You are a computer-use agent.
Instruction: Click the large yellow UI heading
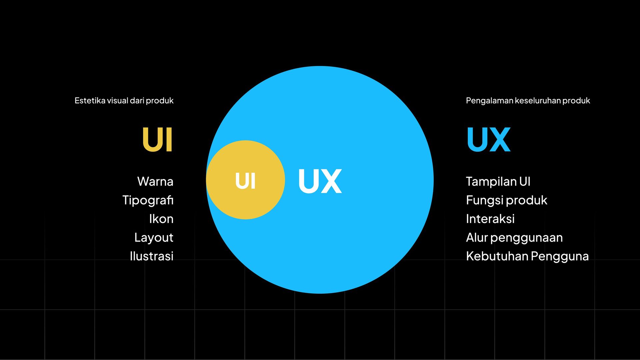click(x=157, y=139)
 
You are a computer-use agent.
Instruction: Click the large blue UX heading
click(x=489, y=139)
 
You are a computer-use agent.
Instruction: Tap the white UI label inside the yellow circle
click(x=245, y=181)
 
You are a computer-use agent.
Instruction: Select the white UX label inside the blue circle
click(x=320, y=181)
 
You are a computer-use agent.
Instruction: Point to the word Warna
click(x=155, y=182)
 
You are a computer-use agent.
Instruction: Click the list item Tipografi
click(x=148, y=200)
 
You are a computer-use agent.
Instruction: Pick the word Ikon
click(x=161, y=219)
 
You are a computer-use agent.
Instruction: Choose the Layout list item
click(x=154, y=238)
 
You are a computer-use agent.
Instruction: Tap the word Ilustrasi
click(x=152, y=256)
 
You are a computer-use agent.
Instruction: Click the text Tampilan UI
click(x=498, y=182)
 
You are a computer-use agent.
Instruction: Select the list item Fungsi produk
click(x=506, y=200)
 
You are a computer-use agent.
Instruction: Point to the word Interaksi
click(x=490, y=219)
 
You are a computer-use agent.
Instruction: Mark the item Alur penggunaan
click(x=514, y=238)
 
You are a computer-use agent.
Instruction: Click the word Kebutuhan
click(x=497, y=256)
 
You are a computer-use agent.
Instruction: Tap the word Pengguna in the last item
click(x=560, y=256)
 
